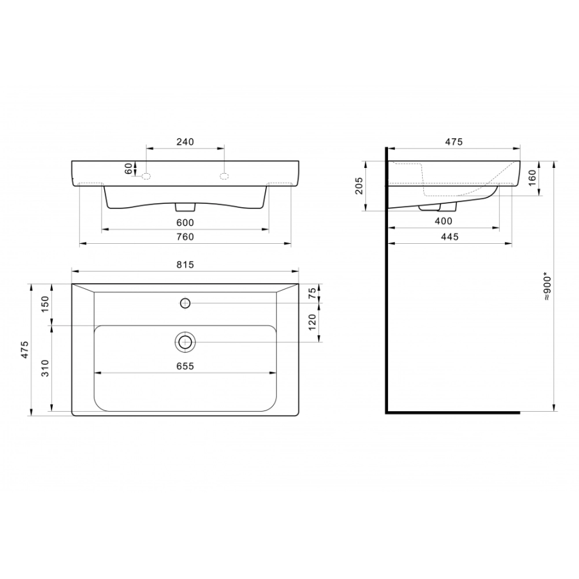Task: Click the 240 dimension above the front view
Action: [185, 142]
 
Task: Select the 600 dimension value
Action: [185, 223]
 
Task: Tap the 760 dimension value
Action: [185, 237]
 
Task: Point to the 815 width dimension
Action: [185, 265]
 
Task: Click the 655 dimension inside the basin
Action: [185, 366]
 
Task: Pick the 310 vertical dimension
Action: [45, 368]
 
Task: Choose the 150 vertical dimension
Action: [45, 304]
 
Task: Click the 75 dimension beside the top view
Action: [313, 293]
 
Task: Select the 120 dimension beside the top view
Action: [313, 322]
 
